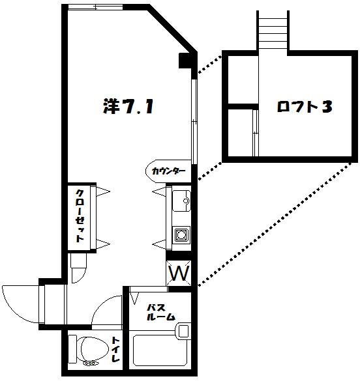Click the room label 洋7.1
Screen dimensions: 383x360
click(128, 106)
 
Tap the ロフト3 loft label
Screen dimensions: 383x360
click(301, 107)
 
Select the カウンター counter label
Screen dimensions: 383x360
click(168, 171)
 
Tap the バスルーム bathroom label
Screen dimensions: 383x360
click(160, 312)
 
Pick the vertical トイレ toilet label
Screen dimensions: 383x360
click(115, 350)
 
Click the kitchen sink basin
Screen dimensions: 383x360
click(179, 202)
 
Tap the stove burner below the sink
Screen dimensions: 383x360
click(180, 234)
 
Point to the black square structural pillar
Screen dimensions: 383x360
click(186, 62)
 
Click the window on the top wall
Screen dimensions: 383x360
click(108, 8)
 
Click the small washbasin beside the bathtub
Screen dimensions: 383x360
click(183, 331)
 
